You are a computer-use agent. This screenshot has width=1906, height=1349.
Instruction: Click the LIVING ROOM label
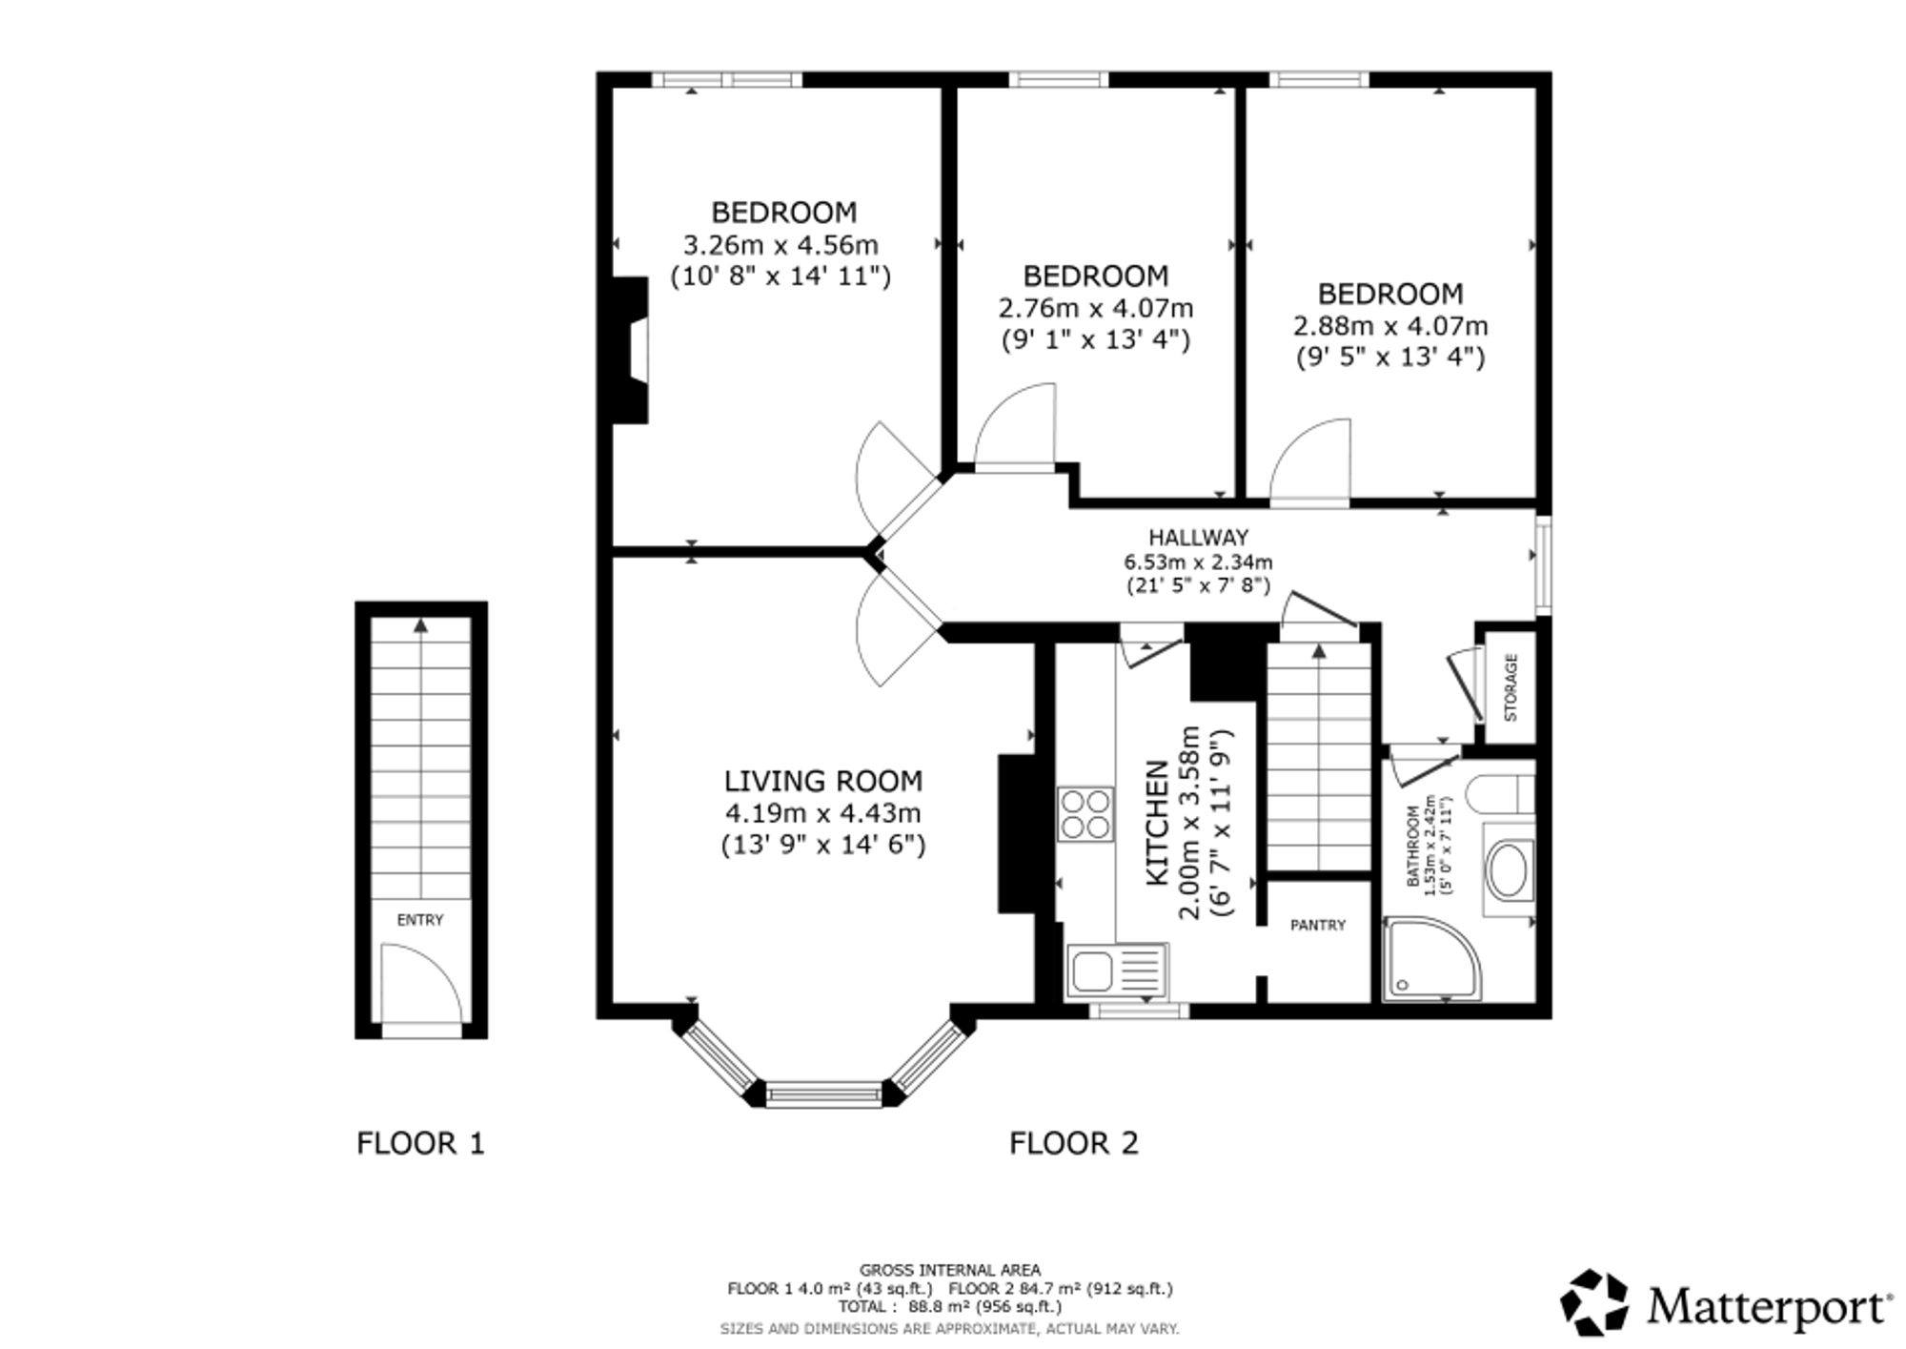(x=823, y=781)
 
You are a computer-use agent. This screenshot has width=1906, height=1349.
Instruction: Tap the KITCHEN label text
(x=1156, y=823)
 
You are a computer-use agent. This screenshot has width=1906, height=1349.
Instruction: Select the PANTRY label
(x=1318, y=925)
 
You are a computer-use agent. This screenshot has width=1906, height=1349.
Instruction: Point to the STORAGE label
(x=1511, y=687)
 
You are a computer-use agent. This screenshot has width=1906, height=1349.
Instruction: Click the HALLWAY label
(x=1198, y=538)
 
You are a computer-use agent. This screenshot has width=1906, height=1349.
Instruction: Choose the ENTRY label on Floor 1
(x=420, y=920)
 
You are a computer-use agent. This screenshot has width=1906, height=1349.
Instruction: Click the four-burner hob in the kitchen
(x=1085, y=814)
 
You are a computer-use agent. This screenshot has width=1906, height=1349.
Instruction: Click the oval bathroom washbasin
(x=1509, y=869)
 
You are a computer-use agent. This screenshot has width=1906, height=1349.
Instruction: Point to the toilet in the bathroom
(x=1499, y=794)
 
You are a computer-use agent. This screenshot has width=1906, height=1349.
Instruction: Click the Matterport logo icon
(x=1595, y=1301)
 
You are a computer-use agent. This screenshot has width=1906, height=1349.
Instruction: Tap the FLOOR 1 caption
(x=420, y=1142)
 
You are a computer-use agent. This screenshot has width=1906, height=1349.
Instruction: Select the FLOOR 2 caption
(x=1074, y=1142)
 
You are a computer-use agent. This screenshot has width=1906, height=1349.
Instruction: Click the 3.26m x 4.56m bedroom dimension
(x=781, y=245)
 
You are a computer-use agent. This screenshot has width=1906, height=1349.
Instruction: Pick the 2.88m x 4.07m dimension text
(x=1390, y=326)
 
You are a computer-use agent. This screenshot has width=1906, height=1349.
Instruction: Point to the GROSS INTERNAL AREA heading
(x=950, y=1270)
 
